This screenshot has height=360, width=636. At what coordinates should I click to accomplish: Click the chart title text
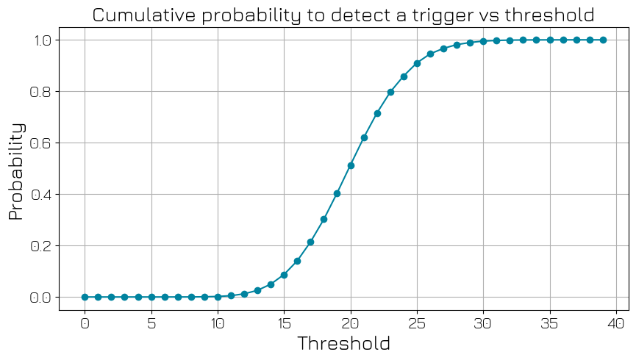point(343,15)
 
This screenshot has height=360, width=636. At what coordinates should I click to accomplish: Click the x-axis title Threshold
point(343,343)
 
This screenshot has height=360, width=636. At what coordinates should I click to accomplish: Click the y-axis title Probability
point(16,170)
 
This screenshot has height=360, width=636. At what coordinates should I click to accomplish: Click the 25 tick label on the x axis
point(417,322)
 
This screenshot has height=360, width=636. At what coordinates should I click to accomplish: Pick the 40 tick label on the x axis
point(616,322)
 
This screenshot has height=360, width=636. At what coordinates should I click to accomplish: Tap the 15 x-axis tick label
point(284,322)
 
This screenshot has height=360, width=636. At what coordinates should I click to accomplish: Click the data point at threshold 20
point(351,165)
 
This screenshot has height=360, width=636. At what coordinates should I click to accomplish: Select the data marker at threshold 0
point(85,297)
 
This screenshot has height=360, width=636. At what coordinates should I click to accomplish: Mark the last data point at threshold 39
point(603,40)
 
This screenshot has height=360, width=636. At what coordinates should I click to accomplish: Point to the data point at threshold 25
point(417,63)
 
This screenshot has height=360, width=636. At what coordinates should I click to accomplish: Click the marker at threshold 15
point(284,275)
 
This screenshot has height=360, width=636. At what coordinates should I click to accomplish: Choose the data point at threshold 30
point(483,41)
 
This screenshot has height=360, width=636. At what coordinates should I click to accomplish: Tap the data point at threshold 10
point(218,297)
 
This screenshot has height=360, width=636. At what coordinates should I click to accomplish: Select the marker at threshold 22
point(377,113)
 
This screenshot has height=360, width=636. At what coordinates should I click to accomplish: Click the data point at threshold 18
point(324,219)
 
